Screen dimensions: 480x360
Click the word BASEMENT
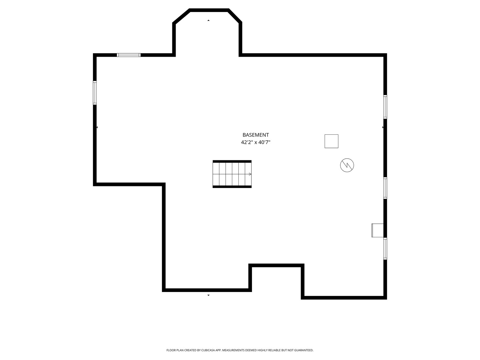[x=255, y=135]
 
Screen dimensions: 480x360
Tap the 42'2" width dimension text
[x=247, y=142]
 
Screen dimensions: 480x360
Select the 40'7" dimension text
[x=264, y=142]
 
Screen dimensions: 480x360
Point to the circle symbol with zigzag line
[x=347, y=165]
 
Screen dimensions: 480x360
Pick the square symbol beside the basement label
[x=331, y=141]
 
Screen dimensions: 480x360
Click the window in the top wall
[x=129, y=55]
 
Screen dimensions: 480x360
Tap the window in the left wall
[x=95, y=93]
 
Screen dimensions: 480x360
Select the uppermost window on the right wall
[x=385, y=107]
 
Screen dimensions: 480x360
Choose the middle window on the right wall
[x=385, y=188]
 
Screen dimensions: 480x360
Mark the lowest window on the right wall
[x=385, y=249]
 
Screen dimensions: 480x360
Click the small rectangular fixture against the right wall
[x=377, y=230]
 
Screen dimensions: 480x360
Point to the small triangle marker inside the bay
[x=208, y=20]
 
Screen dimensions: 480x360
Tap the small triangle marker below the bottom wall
[x=208, y=295]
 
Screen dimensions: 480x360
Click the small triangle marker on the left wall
[x=97, y=127]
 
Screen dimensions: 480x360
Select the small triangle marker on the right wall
[x=383, y=127]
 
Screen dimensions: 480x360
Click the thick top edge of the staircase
[x=232, y=161]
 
